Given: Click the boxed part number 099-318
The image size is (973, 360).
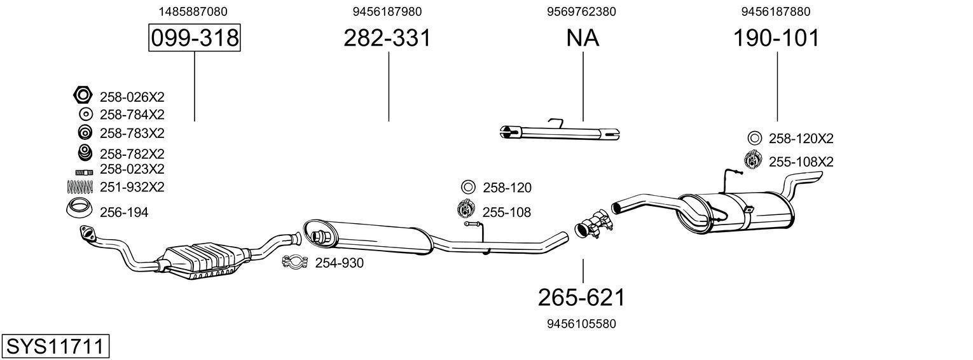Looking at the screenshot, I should (194, 38).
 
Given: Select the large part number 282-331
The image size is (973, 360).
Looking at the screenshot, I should (387, 38).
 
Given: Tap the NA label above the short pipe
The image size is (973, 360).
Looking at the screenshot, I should (583, 38).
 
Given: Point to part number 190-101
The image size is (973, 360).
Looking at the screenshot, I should (776, 38).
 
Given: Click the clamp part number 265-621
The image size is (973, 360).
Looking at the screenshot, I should (582, 297).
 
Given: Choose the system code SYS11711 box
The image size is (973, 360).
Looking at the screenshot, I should (55, 347).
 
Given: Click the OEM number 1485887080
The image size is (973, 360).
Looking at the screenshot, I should (193, 11).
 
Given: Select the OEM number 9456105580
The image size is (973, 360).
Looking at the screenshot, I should (582, 324).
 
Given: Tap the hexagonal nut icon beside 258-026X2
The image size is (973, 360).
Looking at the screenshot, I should (83, 96).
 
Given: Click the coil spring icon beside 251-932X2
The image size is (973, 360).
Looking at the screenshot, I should (80, 186).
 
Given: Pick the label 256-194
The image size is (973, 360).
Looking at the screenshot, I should (124, 212).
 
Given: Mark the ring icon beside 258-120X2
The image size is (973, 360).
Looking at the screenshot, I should (754, 138).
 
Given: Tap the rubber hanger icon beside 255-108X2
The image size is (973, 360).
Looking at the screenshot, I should (753, 160).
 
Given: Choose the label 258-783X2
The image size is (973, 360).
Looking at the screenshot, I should (132, 134).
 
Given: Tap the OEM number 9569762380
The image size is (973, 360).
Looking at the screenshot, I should (581, 11).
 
